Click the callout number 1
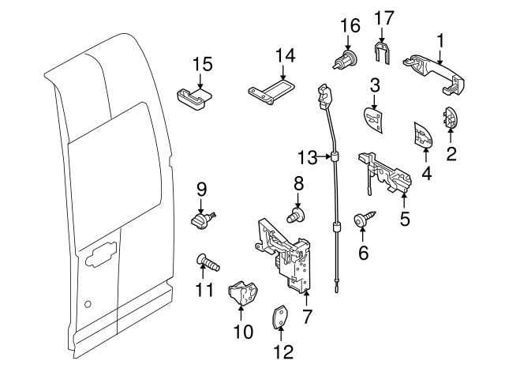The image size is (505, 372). click(x=440, y=38)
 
